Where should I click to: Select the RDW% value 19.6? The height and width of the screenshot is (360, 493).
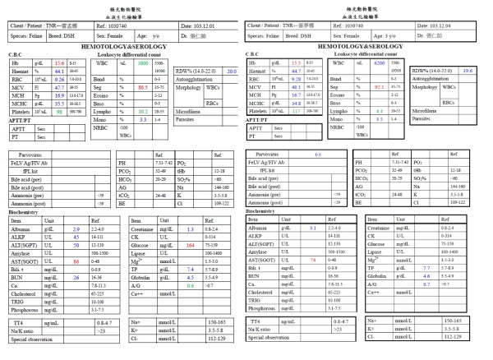tap(467, 71)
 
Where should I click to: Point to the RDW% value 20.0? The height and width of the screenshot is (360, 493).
tap(232, 72)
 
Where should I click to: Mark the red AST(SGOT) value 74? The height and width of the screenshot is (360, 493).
tap(312, 261)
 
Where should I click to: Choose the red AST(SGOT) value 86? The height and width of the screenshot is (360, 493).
tap(76, 261)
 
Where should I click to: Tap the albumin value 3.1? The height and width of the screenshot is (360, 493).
tap(312, 228)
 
